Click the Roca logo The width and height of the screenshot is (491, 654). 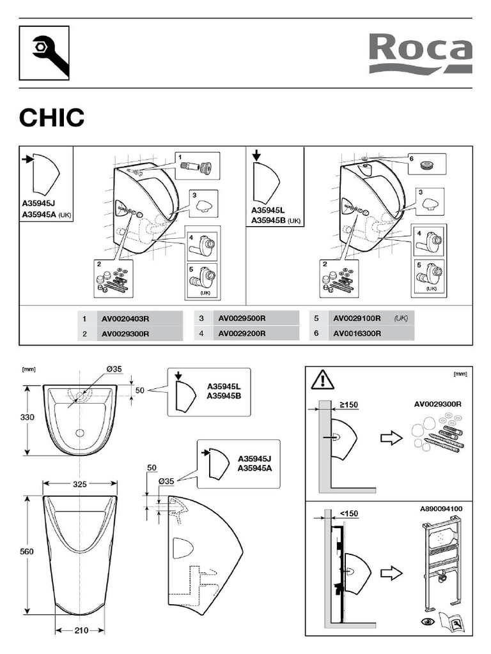[x=420, y=54]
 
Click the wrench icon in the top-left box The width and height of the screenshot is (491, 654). [x=44, y=53]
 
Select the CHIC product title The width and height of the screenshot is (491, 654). [x=51, y=118]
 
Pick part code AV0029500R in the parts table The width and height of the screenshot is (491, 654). [x=242, y=318]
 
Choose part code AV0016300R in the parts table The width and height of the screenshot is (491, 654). [x=356, y=333]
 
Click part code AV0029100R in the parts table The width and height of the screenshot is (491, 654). [x=356, y=318]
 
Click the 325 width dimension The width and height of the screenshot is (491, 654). [x=79, y=485]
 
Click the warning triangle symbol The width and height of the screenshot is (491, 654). [x=322, y=381]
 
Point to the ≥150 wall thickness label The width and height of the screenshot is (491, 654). [x=348, y=404]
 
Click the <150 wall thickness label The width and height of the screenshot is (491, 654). [x=348, y=512]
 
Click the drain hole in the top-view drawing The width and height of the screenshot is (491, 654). [x=80, y=433]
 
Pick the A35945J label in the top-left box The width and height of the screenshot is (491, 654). [x=38, y=205]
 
